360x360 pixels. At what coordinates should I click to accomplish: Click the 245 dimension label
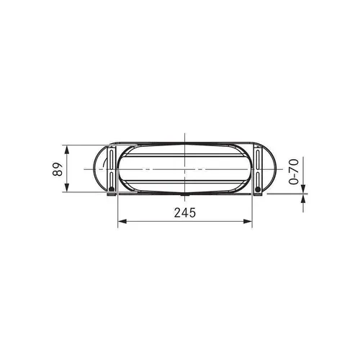(x=185, y=212)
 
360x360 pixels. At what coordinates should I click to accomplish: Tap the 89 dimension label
(x=58, y=169)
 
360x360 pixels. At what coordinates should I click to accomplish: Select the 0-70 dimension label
(x=294, y=171)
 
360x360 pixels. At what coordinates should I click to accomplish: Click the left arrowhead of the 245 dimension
(x=122, y=221)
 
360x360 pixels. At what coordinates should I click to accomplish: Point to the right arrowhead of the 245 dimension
(x=248, y=221)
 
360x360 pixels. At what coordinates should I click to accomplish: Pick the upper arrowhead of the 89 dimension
(x=67, y=150)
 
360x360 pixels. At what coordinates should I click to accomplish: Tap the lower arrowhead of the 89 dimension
(x=67, y=187)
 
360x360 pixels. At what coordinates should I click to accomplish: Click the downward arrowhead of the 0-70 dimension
(x=303, y=189)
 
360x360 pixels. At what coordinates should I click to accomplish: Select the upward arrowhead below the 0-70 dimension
(x=303, y=198)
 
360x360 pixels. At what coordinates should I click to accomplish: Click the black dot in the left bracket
(x=111, y=189)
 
